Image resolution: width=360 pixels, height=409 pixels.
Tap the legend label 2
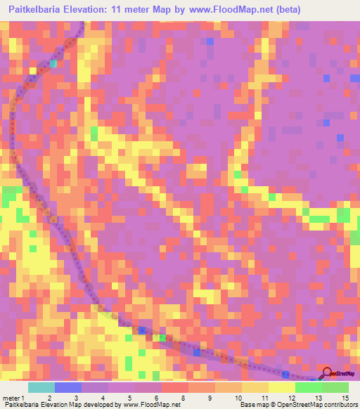[x=49, y=398]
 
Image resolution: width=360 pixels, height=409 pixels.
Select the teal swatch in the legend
[x=41, y=387]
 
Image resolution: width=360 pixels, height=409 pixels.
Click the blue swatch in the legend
[x=68, y=387]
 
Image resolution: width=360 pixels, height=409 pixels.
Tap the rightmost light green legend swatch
[x=335, y=387]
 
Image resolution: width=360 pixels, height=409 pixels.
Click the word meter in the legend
[x=11, y=398]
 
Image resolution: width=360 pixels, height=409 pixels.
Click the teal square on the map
[x=53, y=63]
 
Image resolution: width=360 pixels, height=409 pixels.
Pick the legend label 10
[x=237, y=398]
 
